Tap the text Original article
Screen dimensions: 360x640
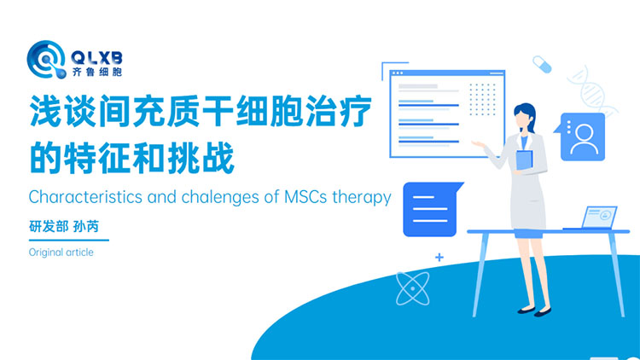coord(61,253)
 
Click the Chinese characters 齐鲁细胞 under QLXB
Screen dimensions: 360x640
coord(99,67)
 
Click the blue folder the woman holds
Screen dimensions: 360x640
coord(523,160)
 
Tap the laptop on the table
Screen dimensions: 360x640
coord(590,218)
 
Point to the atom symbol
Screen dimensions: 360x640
coord(412,287)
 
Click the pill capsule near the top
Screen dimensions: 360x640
coord(542,64)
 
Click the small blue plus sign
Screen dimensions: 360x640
coord(439,256)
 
